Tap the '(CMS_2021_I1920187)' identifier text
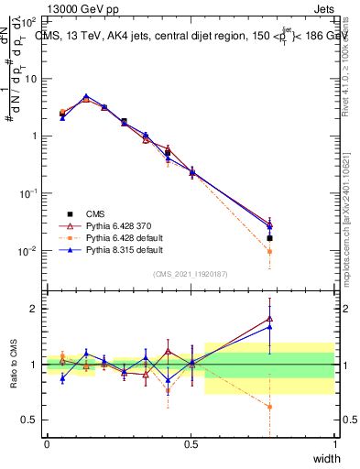click(191, 274)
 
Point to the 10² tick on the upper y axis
click(31, 19)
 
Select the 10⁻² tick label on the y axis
click(31, 251)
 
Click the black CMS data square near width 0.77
click(269, 237)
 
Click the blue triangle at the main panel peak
click(86, 96)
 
